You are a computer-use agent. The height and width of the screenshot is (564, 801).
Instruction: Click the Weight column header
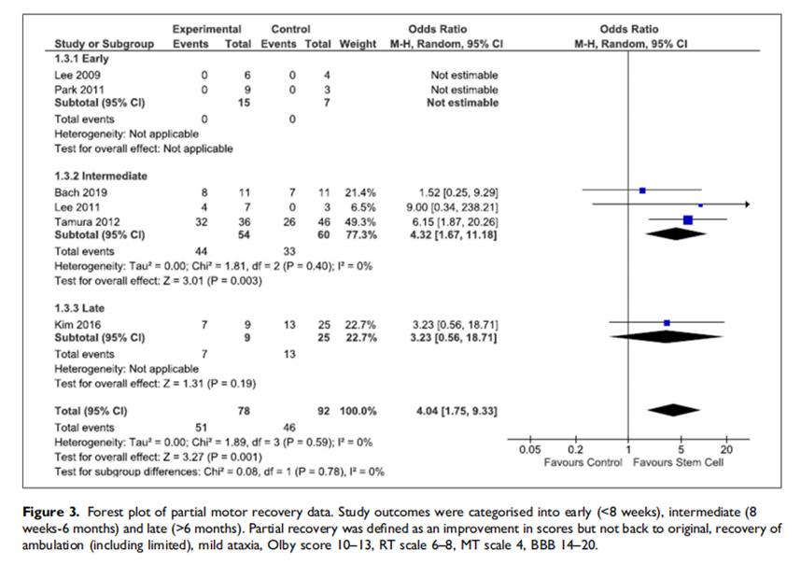pyautogui.click(x=358, y=44)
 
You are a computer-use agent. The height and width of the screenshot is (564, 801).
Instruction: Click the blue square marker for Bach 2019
pyautogui.click(x=642, y=190)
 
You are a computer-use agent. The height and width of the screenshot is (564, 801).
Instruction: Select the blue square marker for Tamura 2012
pyautogui.click(x=688, y=219)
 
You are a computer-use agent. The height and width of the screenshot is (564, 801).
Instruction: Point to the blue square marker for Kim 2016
pyautogui.click(x=667, y=323)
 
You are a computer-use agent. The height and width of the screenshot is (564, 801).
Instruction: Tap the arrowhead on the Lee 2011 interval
pyautogui.click(x=746, y=204)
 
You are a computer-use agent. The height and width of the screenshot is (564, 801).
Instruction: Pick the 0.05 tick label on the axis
pyautogui.click(x=529, y=450)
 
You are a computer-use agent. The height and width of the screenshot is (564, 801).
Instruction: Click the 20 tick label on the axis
pyautogui.click(x=728, y=450)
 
